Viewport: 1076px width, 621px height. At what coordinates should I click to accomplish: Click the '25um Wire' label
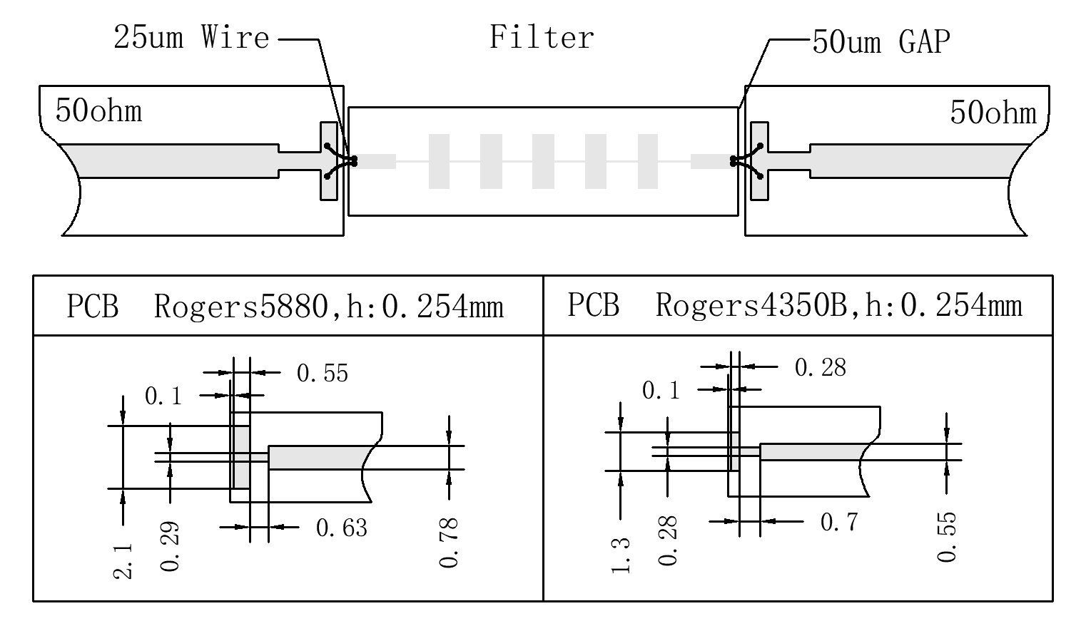click(191, 38)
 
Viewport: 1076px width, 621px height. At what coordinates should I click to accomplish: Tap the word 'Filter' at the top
click(542, 38)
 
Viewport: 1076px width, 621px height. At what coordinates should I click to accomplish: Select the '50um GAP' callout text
click(881, 43)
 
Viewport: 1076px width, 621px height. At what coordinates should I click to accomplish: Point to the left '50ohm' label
click(98, 111)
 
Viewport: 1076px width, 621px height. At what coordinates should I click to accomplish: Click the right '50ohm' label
click(993, 113)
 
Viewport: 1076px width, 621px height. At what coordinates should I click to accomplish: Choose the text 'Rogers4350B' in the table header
click(750, 305)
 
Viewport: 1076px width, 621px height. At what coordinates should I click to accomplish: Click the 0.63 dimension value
click(341, 528)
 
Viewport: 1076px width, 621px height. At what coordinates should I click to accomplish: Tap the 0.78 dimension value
click(450, 543)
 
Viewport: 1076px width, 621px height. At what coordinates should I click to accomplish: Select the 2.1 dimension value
click(123, 561)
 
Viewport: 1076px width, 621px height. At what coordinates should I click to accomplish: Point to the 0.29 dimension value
click(171, 547)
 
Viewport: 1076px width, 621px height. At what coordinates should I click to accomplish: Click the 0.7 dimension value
click(838, 523)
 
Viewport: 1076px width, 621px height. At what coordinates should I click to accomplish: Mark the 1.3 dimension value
click(621, 555)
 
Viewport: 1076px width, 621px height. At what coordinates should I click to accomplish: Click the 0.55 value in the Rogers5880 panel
click(322, 374)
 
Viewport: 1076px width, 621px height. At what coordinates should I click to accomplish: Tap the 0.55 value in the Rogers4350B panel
click(947, 538)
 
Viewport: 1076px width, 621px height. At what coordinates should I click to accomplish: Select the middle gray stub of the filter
click(543, 162)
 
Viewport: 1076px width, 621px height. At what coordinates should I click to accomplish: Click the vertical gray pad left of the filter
click(328, 162)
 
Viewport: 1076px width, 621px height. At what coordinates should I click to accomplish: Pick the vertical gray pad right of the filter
click(759, 162)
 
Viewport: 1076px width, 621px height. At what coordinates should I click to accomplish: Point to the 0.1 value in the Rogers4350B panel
click(661, 391)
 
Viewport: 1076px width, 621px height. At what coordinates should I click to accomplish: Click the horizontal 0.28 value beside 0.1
click(820, 368)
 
